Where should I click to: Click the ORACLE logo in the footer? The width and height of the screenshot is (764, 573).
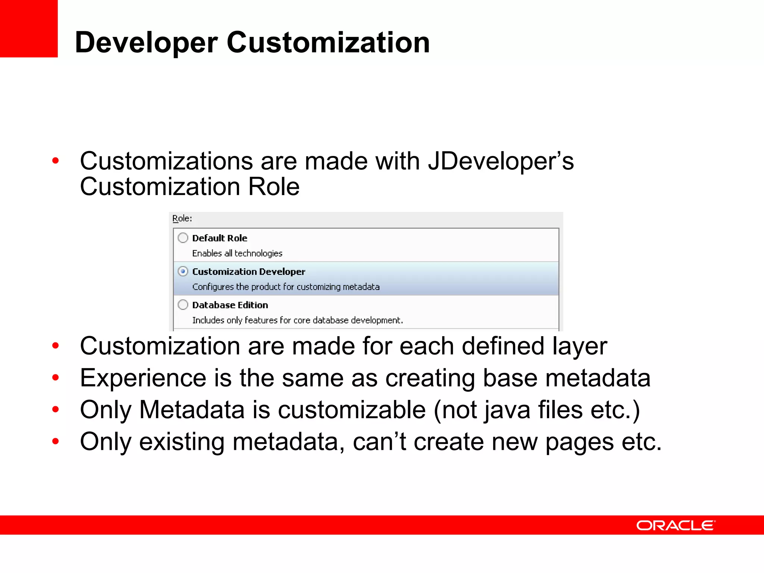[676, 525]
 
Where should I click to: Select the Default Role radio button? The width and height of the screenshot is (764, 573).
[183, 238]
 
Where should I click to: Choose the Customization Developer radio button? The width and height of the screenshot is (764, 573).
[183, 271]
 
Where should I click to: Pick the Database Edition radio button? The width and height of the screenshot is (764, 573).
[183, 305]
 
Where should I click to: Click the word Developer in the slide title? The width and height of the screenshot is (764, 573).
[146, 43]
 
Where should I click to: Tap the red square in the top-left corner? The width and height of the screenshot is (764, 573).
[28, 28]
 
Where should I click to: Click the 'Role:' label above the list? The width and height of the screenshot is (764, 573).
[182, 218]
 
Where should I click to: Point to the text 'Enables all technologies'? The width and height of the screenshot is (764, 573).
[237, 253]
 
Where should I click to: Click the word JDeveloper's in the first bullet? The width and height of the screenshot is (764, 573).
[501, 161]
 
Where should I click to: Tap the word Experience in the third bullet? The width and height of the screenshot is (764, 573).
[143, 378]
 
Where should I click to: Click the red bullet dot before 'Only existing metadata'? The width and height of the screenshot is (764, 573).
[56, 442]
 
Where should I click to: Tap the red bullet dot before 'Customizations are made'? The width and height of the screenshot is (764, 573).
[56, 161]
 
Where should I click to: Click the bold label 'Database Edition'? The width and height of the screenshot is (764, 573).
[230, 305]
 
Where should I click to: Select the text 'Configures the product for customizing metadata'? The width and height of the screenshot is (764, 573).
[286, 287]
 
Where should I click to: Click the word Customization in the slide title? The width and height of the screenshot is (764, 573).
[328, 43]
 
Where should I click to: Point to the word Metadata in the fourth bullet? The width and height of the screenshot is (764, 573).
[192, 410]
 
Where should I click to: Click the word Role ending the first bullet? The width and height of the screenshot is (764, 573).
[274, 187]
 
